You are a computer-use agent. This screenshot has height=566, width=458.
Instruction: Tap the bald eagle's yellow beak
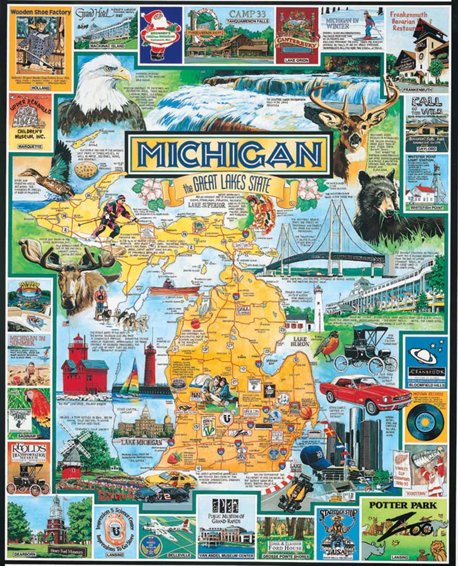[x=124, y=74]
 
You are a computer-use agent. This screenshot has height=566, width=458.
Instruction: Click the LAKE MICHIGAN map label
[x=142, y=442]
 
